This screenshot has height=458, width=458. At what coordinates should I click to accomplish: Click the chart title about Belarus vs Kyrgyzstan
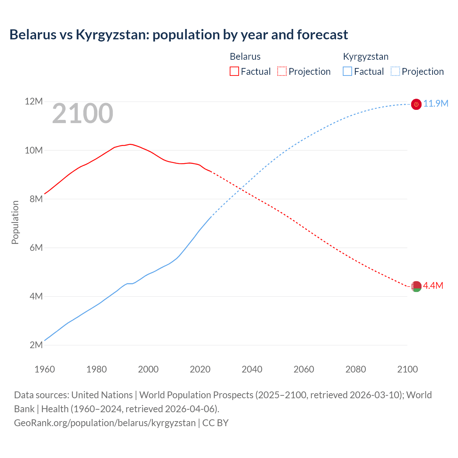point(179,35)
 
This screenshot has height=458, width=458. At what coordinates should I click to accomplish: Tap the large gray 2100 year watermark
point(83,113)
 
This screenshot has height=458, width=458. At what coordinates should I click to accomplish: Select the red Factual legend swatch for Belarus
point(234,71)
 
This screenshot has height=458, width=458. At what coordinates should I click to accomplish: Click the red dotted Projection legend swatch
point(282,71)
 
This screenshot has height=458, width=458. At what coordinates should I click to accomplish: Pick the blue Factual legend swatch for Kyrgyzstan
point(347,71)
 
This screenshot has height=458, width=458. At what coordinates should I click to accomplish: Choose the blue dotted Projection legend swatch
point(395,71)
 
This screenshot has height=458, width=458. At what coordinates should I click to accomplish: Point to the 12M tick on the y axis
point(34,102)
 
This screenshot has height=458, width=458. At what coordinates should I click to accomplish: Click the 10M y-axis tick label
point(34,150)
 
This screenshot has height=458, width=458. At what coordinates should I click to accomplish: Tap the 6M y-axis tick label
point(36,248)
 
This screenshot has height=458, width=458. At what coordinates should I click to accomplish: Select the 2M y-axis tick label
point(36,345)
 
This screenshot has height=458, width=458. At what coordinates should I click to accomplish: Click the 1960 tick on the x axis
point(45,369)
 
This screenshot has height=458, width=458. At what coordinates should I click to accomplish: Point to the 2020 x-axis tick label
point(200,369)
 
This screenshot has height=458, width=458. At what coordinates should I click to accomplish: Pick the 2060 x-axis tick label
point(304,369)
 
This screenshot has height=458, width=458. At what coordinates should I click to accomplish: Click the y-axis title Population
point(15,222)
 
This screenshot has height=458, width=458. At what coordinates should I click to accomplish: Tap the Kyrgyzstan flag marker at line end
point(416,104)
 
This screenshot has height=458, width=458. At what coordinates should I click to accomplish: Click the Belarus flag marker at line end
point(416,286)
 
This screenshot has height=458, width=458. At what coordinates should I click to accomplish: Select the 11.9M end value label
point(436,104)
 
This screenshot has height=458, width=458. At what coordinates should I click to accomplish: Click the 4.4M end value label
point(433,286)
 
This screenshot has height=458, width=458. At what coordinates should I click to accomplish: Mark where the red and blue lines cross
point(242,188)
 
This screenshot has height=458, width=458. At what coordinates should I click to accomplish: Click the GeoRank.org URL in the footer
point(105,423)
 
